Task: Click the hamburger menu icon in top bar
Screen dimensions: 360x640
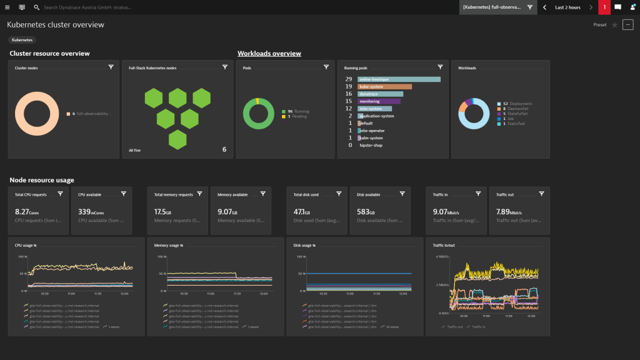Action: click(7, 7)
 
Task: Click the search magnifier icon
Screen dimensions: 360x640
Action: click(37, 7)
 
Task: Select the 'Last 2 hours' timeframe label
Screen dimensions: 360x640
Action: click(567, 7)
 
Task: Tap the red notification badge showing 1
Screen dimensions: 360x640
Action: click(604, 7)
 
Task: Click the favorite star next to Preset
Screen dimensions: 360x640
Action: click(614, 25)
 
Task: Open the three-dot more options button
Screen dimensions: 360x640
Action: click(628, 25)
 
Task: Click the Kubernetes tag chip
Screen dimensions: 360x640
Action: click(22, 40)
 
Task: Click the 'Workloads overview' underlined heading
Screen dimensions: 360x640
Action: click(269, 54)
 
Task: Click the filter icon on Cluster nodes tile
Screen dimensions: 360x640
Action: click(111, 67)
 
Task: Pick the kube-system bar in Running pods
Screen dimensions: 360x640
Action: click(384, 87)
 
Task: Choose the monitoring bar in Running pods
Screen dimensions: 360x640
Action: click(379, 101)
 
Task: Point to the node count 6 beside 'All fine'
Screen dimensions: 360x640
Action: click(224, 149)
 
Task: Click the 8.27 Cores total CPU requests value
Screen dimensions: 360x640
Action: click(27, 212)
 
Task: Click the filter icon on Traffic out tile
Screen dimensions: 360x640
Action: click(541, 194)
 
